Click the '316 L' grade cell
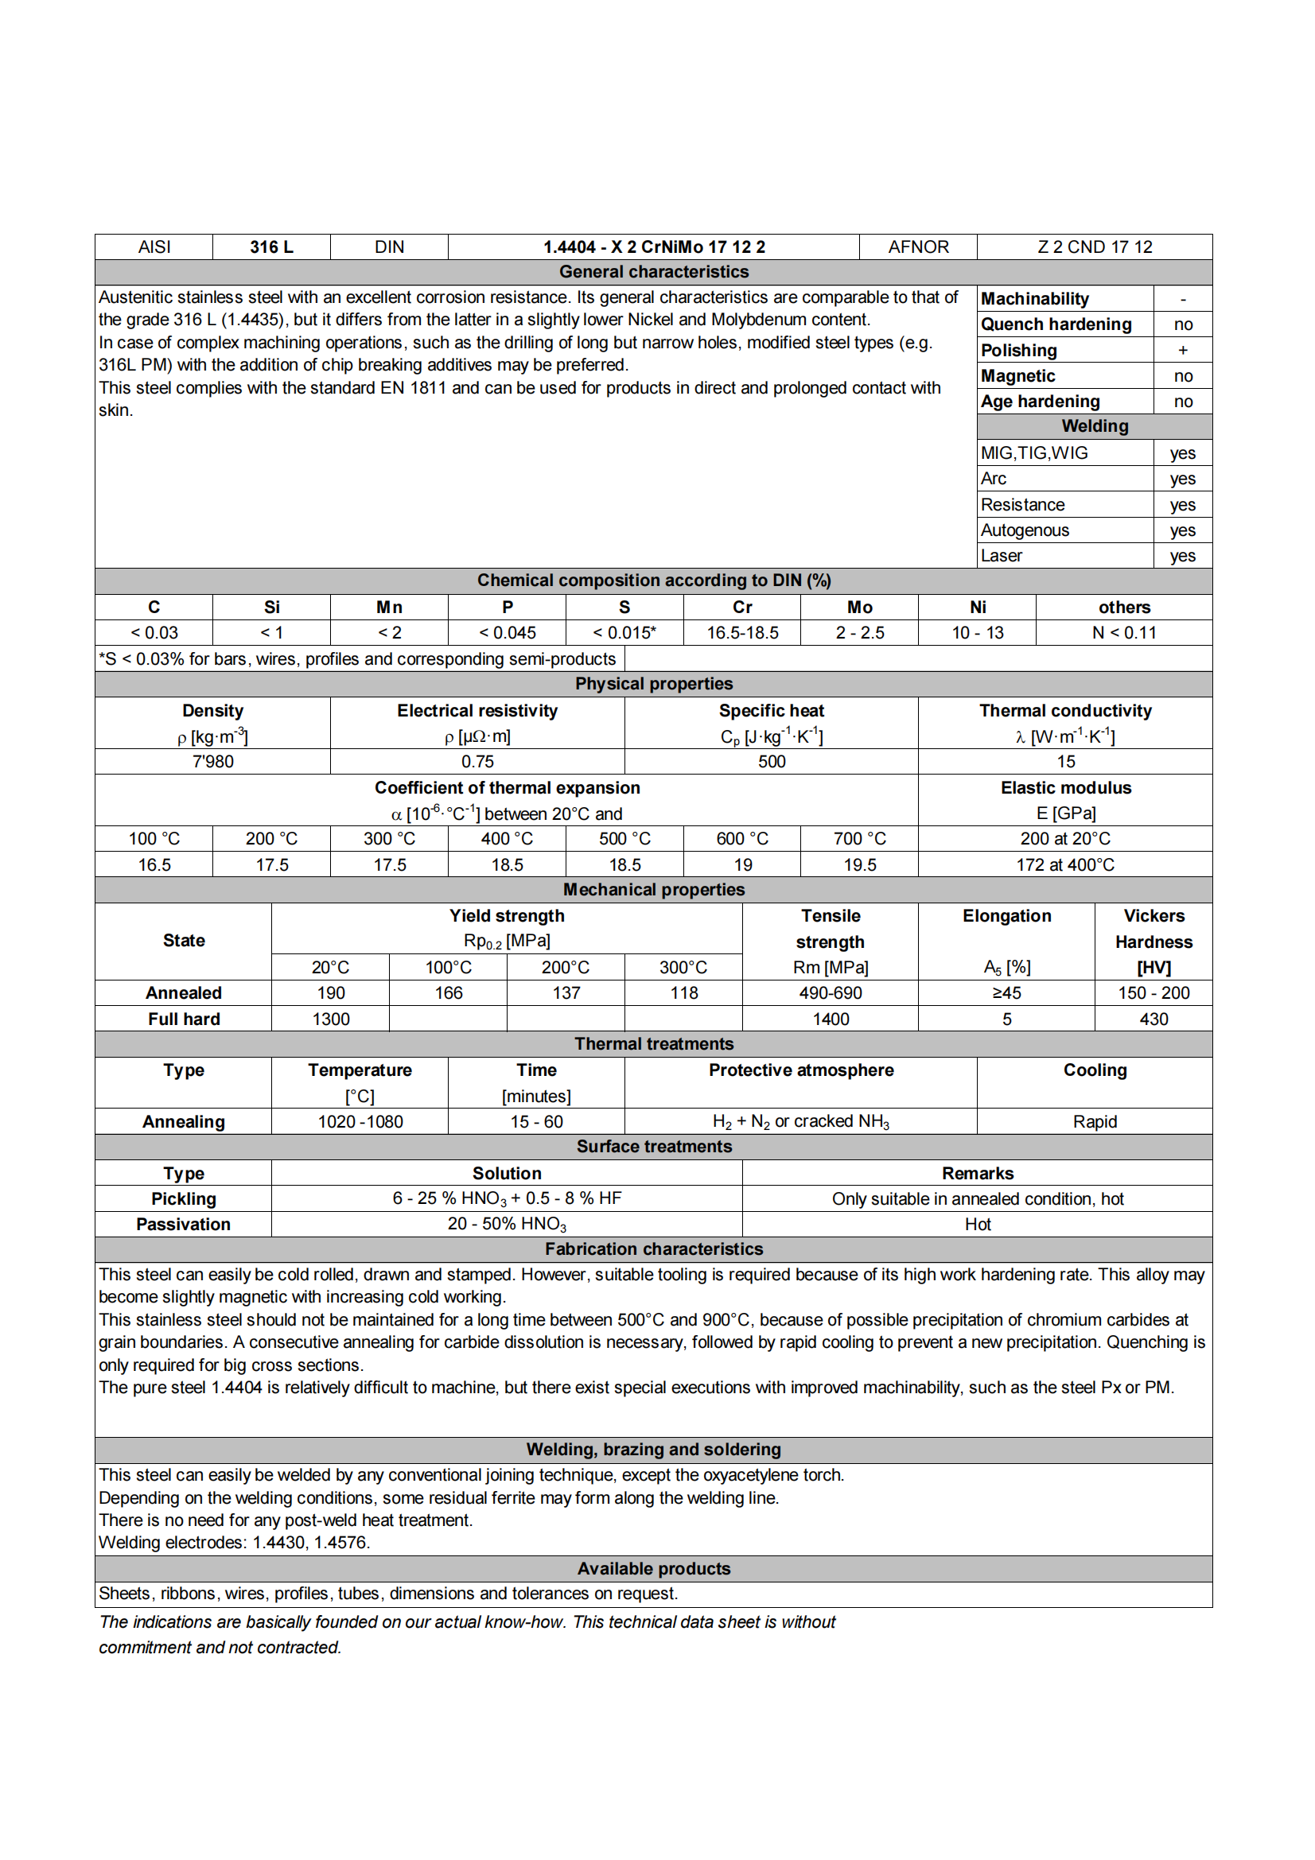[x=271, y=247]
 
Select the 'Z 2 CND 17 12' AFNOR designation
[x=1094, y=247]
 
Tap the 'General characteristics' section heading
[x=653, y=272]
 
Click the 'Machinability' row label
[x=1035, y=299]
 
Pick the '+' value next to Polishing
[x=1182, y=350]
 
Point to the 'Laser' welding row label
[x=1002, y=556]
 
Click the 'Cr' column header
[x=741, y=608]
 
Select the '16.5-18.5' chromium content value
[x=741, y=633]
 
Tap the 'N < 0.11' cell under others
[x=1124, y=633]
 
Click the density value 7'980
[x=212, y=762]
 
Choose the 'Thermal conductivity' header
[x=1064, y=710]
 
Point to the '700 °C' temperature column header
[x=859, y=838]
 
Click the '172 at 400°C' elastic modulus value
[x=1064, y=864]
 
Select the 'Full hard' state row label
[x=184, y=1019]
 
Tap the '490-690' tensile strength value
[x=831, y=993]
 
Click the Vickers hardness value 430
[x=1153, y=1019]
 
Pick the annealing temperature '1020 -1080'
[x=360, y=1122]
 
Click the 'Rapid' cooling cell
[x=1094, y=1122]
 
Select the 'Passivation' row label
[x=183, y=1224]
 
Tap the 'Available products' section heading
[x=653, y=1568]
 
